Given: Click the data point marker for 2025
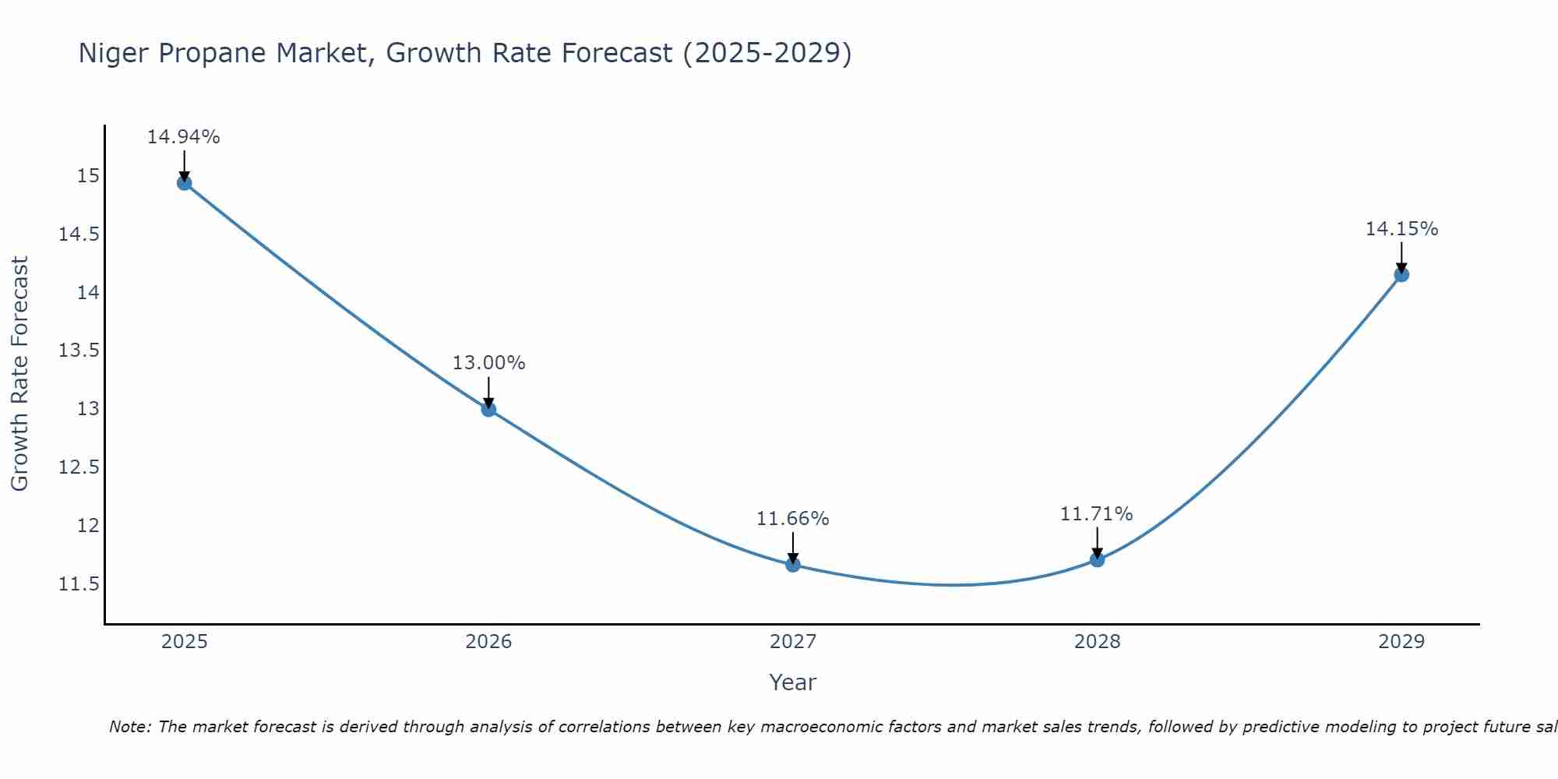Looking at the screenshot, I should [185, 183].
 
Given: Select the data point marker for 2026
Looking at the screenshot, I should [488, 409].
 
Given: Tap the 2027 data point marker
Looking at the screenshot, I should [793, 565].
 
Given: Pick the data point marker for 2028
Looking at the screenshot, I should [1097, 559].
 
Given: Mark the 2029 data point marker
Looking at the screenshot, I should [1401, 274].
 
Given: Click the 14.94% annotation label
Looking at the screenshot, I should [184, 137].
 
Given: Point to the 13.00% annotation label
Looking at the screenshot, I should [488, 363].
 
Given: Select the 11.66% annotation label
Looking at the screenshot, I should [793, 519].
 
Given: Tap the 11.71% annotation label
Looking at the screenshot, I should [1096, 514].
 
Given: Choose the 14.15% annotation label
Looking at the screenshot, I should [1401, 229].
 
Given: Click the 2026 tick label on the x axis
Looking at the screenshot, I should [488, 642].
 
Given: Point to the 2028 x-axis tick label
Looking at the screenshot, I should [1097, 642].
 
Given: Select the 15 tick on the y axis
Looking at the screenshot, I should [89, 176].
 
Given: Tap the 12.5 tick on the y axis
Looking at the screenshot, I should [79, 467].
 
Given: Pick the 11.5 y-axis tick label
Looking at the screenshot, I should [79, 584].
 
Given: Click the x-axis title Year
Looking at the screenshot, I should [792, 683].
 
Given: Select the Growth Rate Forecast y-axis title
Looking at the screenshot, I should [19, 374].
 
